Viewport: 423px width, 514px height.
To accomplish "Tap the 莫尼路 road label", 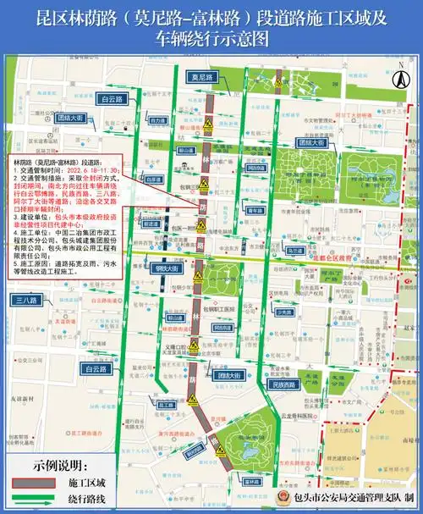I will point(205,77).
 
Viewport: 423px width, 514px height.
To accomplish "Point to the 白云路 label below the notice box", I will point(97,369).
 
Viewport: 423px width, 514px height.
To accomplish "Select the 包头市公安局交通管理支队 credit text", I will point(348,499).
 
